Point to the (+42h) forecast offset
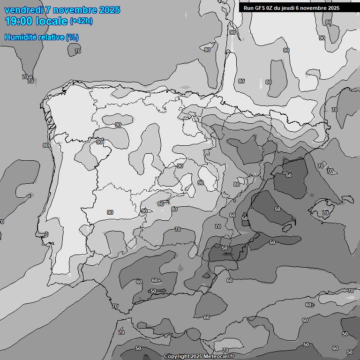coord(81,21)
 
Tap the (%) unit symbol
coord(72,37)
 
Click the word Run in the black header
coord(249,8)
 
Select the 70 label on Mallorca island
coord(325,213)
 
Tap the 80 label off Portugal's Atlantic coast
coord(45,145)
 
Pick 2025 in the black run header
coord(333,8)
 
